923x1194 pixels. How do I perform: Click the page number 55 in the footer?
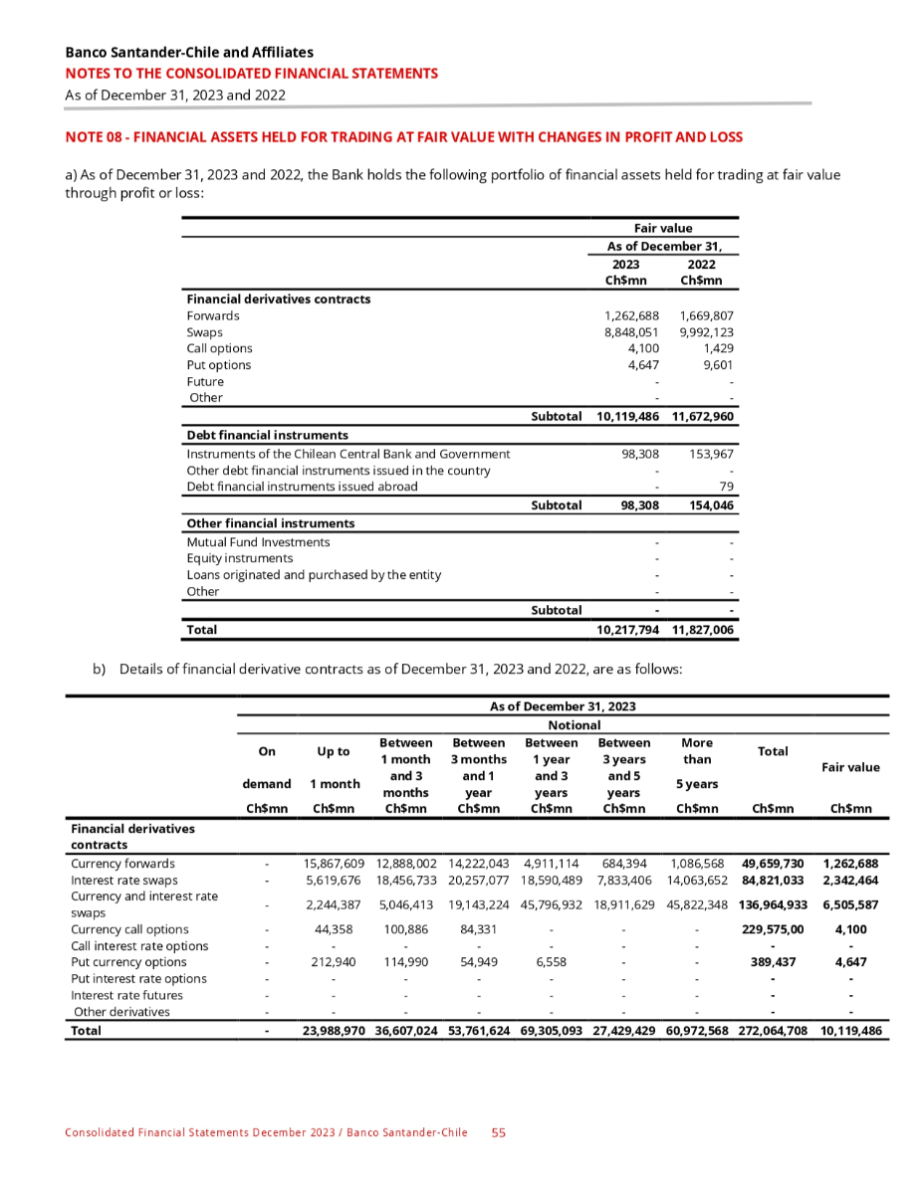pyautogui.click(x=499, y=1132)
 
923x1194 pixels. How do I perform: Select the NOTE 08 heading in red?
pyautogui.click(x=403, y=136)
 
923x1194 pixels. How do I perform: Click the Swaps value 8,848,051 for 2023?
pyautogui.click(x=626, y=332)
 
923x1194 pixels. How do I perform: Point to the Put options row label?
pyautogui.click(x=219, y=365)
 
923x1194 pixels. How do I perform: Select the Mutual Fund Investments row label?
pyautogui.click(x=258, y=542)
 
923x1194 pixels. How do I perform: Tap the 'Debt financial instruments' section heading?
pyautogui.click(x=267, y=435)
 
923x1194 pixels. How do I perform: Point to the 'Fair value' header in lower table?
pyautogui.click(x=849, y=767)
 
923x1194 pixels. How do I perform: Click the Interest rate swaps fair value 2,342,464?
pyautogui.click(x=849, y=881)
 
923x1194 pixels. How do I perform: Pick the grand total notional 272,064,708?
pyautogui.click(x=773, y=1032)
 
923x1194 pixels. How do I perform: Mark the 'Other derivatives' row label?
pyautogui.click(x=122, y=1012)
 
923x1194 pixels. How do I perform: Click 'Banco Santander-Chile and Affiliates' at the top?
pyautogui.click(x=189, y=52)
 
